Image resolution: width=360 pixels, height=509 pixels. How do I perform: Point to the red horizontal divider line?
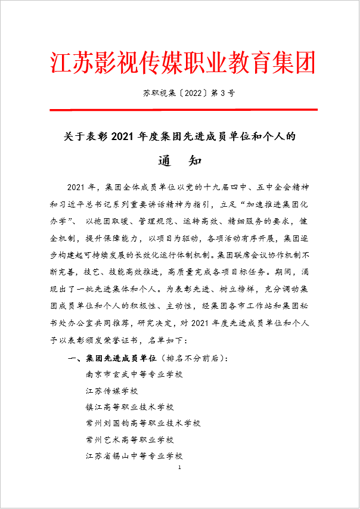(179, 109)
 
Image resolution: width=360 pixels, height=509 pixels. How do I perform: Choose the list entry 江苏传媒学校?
(111, 391)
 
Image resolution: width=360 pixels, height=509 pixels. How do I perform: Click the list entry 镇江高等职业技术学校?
(129, 407)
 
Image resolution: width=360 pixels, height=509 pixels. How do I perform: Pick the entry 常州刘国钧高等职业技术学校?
(143, 423)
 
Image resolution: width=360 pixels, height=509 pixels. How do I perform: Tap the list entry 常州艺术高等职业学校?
(129, 439)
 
